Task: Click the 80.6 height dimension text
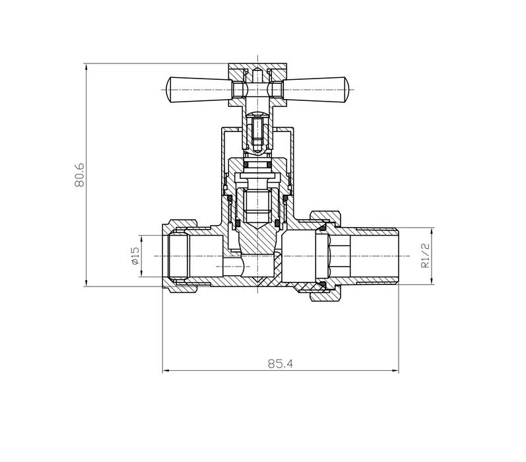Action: click(x=79, y=175)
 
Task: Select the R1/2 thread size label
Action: click(x=426, y=256)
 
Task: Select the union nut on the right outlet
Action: click(x=327, y=256)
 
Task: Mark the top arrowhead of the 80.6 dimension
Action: click(x=86, y=67)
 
